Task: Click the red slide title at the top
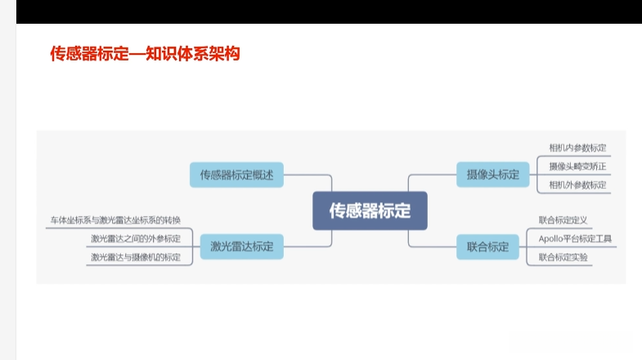pyautogui.click(x=145, y=54)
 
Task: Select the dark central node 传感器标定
pyautogui.click(x=370, y=211)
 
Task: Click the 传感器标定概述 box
pyautogui.click(x=236, y=174)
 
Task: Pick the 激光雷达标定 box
pyautogui.click(x=241, y=245)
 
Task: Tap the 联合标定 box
pyautogui.click(x=487, y=245)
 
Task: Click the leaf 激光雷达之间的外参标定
pyautogui.click(x=136, y=238)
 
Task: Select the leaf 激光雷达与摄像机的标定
pyautogui.click(x=136, y=257)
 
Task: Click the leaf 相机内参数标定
pyautogui.click(x=577, y=148)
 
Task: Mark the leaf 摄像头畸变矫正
pyautogui.click(x=577, y=166)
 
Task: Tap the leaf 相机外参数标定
pyautogui.click(x=577, y=185)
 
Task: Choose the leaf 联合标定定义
pyautogui.click(x=563, y=220)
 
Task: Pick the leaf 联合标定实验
pyautogui.click(x=563, y=257)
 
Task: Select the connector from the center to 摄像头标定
pyautogui.click(x=425, y=175)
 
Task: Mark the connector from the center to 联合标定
pyautogui.click(x=425, y=245)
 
